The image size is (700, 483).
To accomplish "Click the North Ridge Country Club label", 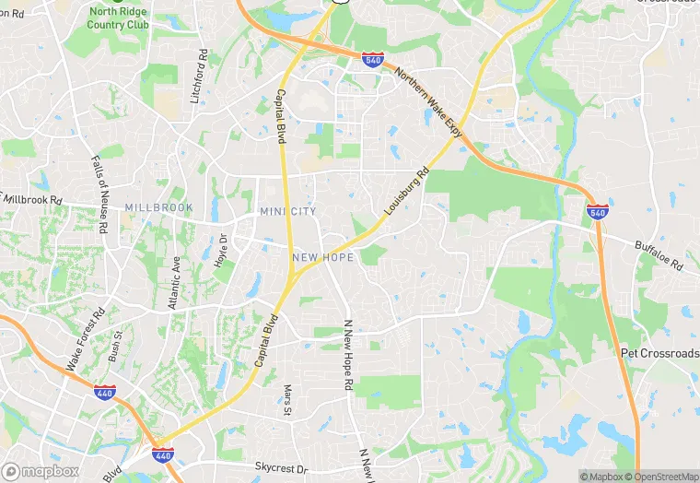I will (117, 18).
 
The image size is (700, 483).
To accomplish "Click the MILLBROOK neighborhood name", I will (159, 208).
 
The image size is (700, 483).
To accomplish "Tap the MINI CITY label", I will (288, 212).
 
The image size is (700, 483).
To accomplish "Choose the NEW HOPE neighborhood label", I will (323, 257).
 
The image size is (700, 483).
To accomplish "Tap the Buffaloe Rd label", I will (659, 255).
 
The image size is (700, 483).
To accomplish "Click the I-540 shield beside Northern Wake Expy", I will (373, 60).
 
